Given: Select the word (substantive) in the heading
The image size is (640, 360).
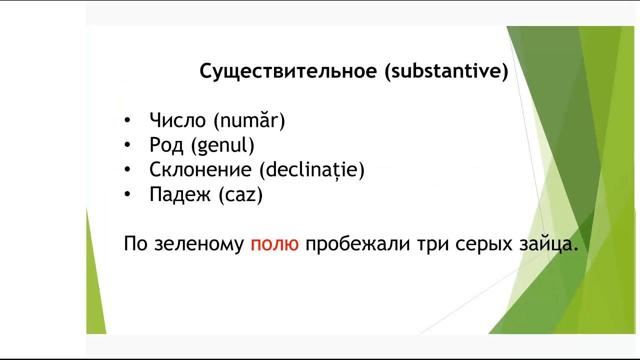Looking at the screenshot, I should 446,71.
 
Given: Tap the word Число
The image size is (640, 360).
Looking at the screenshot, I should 177,120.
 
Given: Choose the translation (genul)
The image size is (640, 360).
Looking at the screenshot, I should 222,145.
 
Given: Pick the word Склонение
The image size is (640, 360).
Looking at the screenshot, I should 200,170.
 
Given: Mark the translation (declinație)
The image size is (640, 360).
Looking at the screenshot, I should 312,170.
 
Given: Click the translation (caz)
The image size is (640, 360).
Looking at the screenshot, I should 240,195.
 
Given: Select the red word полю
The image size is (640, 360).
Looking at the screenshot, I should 274,244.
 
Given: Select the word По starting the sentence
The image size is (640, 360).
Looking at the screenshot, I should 136,244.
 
